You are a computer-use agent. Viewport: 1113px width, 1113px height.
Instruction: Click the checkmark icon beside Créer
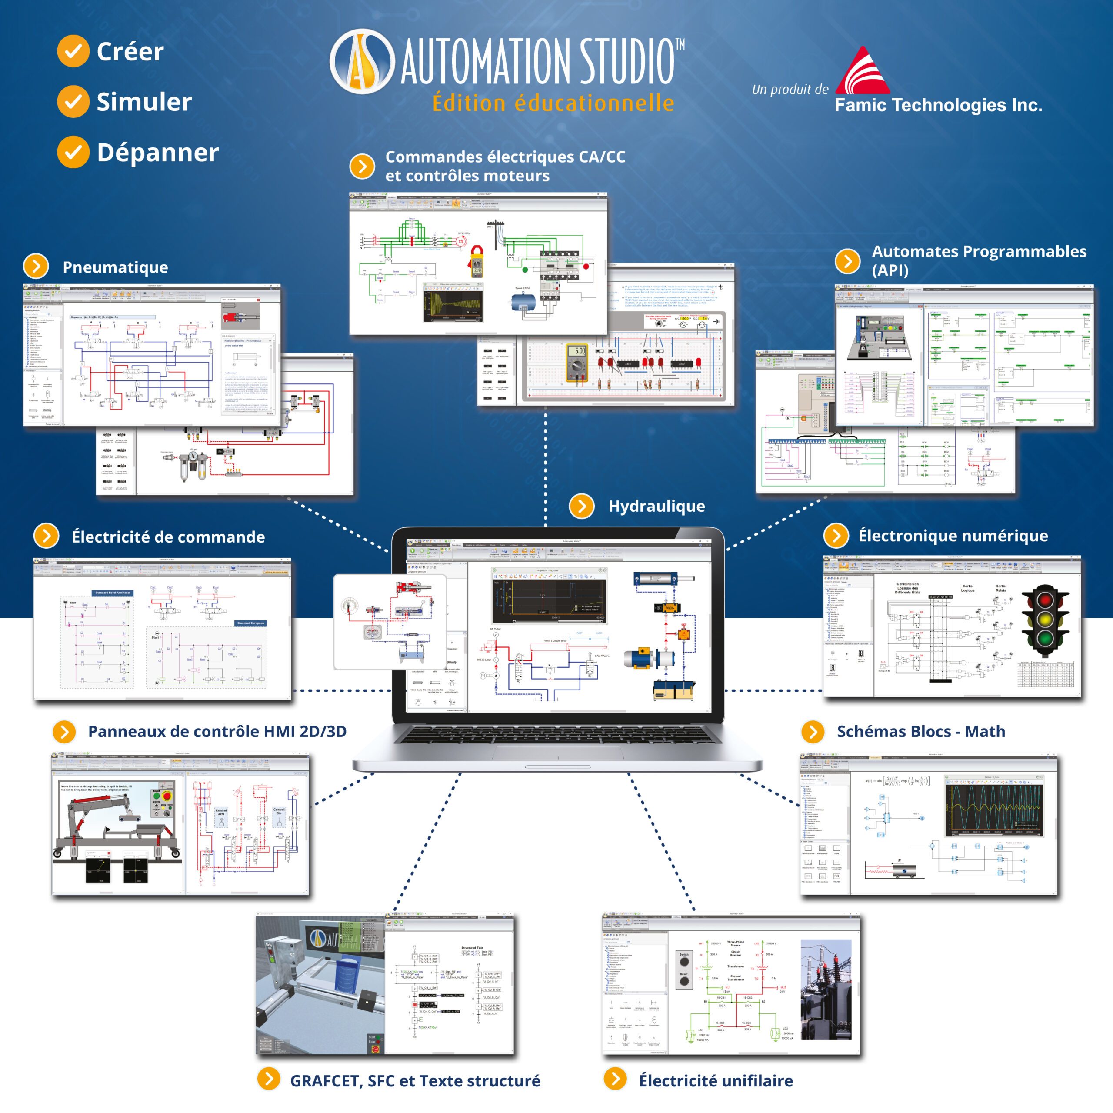click(x=73, y=51)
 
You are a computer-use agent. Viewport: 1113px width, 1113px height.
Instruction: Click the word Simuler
click(x=144, y=102)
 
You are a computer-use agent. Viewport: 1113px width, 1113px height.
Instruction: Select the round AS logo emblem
click(x=362, y=62)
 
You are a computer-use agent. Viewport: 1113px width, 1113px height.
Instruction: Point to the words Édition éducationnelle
click(x=553, y=103)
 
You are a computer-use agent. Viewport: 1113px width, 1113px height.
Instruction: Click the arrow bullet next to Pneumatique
click(x=36, y=266)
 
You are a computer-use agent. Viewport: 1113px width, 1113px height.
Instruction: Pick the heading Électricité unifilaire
click(x=716, y=1080)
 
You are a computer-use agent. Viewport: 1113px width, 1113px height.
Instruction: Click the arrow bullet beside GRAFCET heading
click(x=268, y=1079)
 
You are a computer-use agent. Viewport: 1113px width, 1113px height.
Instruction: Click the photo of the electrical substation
click(x=826, y=989)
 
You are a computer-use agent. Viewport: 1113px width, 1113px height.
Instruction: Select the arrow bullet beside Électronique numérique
click(x=836, y=535)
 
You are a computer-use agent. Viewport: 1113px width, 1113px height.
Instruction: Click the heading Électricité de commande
click(x=168, y=537)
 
